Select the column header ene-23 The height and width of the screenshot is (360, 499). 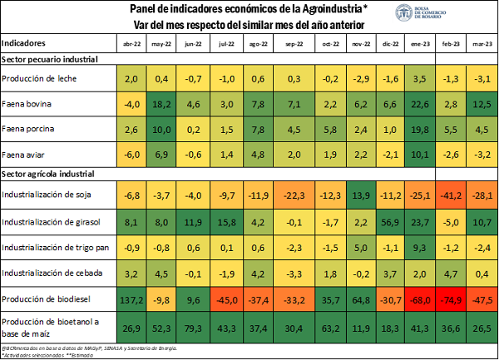click(421, 42)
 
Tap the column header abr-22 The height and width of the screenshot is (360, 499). click(131, 42)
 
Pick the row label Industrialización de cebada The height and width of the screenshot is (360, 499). click(52, 273)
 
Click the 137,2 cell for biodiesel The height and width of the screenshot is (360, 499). click(131, 298)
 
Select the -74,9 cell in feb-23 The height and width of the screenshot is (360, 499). click(451, 298)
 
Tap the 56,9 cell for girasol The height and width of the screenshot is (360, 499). click(392, 222)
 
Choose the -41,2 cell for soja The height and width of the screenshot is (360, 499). click(451, 195)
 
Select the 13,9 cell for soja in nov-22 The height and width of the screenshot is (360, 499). click(362, 195)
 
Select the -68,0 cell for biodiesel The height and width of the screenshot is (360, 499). click(421, 298)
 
